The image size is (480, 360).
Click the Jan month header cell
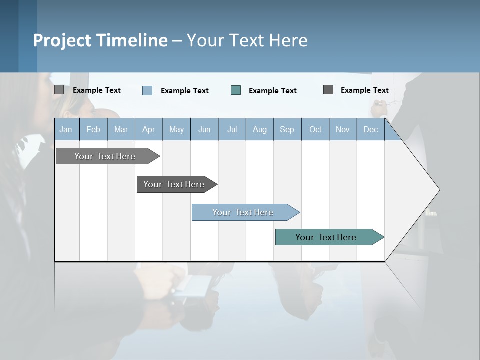[x=66, y=129]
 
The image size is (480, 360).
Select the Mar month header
[x=121, y=129]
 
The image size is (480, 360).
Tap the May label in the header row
[x=176, y=129]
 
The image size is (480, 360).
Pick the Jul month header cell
[x=232, y=129]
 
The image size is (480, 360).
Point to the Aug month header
[x=260, y=129]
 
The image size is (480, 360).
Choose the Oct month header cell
[x=315, y=129]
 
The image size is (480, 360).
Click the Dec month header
[x=370, y=129]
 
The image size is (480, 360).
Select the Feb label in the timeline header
[x=93, y=129]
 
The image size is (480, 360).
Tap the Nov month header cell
[x=343, y=129]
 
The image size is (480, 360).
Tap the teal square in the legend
[x=236, y=90]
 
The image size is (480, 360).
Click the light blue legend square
[x=147, y=90]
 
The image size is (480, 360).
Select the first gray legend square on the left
[x=59, y=90]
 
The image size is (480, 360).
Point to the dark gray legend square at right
[x=328, y=90]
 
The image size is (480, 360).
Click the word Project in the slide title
[x=62, y=40]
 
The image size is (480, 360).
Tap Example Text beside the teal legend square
[x=272, y=91]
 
